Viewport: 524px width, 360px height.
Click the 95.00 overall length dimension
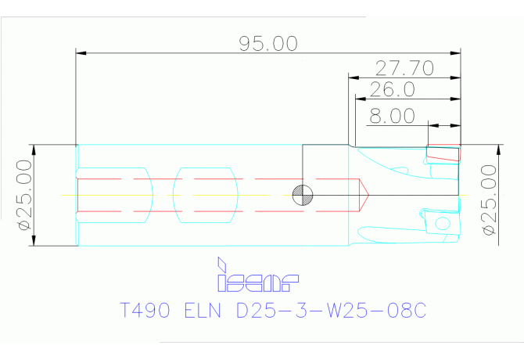(x=268, y=44)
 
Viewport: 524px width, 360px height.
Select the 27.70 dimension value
(x=404, y=68)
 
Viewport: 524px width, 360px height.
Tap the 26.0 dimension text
(x=393, y=89)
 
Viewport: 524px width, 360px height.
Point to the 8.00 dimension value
(x=392, y=116)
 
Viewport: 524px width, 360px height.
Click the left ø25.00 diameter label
(x=25, y=195)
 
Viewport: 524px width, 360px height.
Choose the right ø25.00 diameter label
(x=489, y=200)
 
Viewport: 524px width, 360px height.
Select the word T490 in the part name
(x=145, y=310)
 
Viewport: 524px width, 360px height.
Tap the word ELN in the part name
(x=203, y=310)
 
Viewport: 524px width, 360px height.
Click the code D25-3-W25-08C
(x=331, y=310)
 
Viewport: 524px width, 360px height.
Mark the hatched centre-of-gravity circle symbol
(x=303, y=195)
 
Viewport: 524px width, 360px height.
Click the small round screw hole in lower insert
(x=443, y=223)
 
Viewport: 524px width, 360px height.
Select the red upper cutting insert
(x=443, y=153)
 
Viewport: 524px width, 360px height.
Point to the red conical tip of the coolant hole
(x=364, y=195)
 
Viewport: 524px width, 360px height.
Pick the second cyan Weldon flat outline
(x=205, y=195)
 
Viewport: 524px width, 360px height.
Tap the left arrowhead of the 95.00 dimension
(x=81, y=53)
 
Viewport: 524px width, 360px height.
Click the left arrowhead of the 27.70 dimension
(x=354, y=78)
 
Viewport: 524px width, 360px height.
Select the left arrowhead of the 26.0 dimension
(x=361, y=99)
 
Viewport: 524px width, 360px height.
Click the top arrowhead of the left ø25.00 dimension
(x=34, y=149)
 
